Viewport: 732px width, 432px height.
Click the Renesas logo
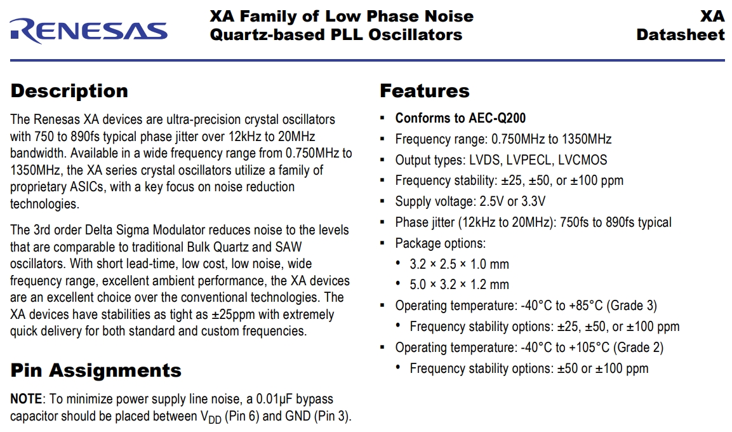89,30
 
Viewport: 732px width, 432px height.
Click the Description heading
69,91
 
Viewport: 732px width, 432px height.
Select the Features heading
424,91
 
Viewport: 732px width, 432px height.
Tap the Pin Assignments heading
96,370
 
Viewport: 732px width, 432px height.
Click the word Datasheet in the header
680,34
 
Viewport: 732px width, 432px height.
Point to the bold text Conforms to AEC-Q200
460,118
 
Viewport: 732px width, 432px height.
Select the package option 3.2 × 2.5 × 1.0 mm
459,264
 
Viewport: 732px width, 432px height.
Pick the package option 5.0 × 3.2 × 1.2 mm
459,285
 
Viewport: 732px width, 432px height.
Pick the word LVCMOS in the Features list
582,160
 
